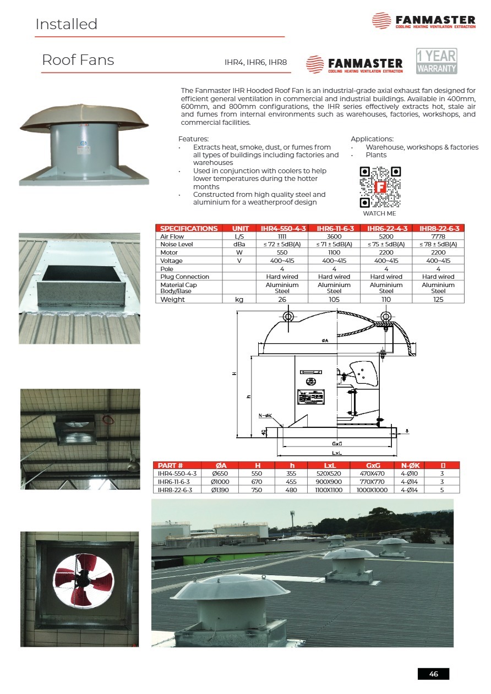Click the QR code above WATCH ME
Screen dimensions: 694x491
pyautogui.click(x=380, y=187)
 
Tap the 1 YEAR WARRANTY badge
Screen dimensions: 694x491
pyautogui.click(x=437, y=61)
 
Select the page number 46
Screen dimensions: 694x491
pyautogui.click(x=433, y=674)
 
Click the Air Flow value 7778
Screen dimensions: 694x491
pyautogui.click(x=438, y=236)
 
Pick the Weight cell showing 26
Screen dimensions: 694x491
pyautogui.click(x=282, y=300)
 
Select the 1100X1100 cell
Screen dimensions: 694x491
pyautogui.click(x=324, y=489)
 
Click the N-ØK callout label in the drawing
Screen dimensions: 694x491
pyautogui.click(x=266, y=415)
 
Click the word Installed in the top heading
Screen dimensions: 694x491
pyautogui.click(x=66, y=24)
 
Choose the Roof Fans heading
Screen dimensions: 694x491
pyautogui.click(x=78, y=60)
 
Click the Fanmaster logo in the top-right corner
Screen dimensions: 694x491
pyautogui.click(x=423, y=21)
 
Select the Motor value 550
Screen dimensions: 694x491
pyautogui.click(x=282, y=252)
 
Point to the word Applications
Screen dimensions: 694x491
pyautogui.click(x=372, y=139)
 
